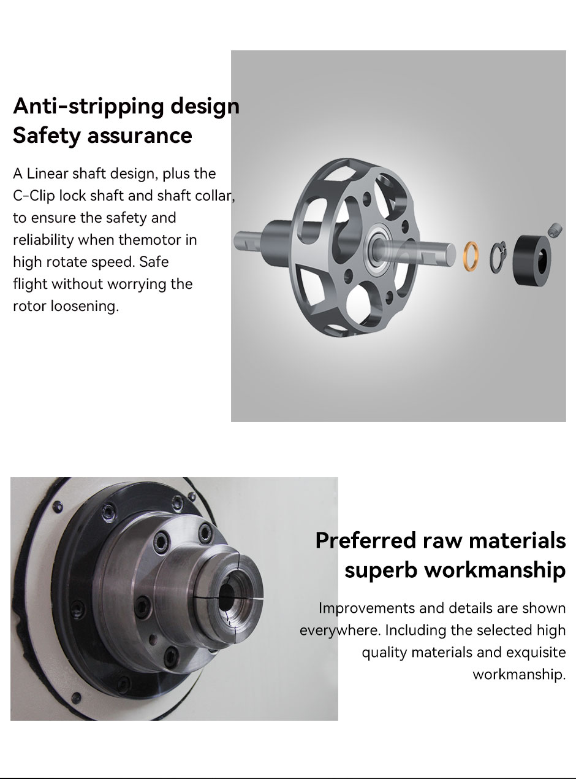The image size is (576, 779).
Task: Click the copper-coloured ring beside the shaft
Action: pos(471,256)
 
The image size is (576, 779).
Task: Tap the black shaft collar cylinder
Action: pos(531,260)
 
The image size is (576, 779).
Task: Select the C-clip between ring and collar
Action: pos(498,257)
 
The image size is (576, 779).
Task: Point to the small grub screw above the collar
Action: pos(555,229)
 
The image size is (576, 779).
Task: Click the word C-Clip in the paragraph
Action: pos(34,196)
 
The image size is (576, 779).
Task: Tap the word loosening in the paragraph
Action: pos(85,306)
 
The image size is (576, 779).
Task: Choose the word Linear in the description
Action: pos(47,174)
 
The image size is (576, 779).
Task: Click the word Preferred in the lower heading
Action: pos(366,540)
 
